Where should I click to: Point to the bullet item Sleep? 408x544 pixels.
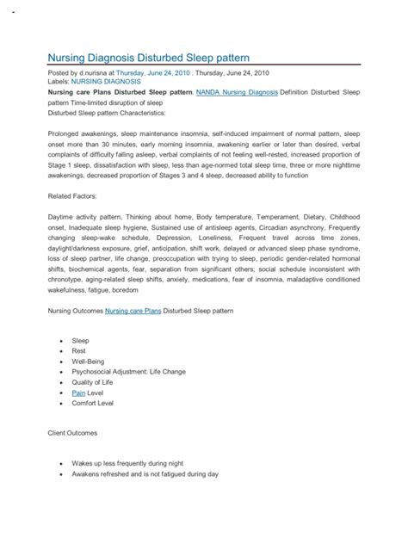pyautogui.click(x=80, y=341)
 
